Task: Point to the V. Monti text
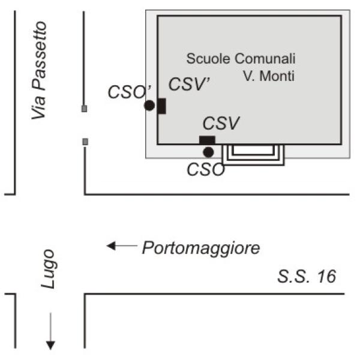(x=269, y=76)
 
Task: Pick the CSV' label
(x=188, y=85)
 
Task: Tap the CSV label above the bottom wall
(x=221, y=124)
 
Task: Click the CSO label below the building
(x=206, y=170)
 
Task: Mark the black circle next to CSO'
(x=149, y=106)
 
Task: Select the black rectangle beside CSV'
(x=161, y=106)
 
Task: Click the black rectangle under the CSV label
(x=207, y=140)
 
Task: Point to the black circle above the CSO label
(x=208, y=152)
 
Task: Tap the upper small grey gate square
(x=85, y=109)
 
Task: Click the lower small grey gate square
(x=85, y=142)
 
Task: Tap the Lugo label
(x=49, y=269)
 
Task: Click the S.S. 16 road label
(x=307, y=277)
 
